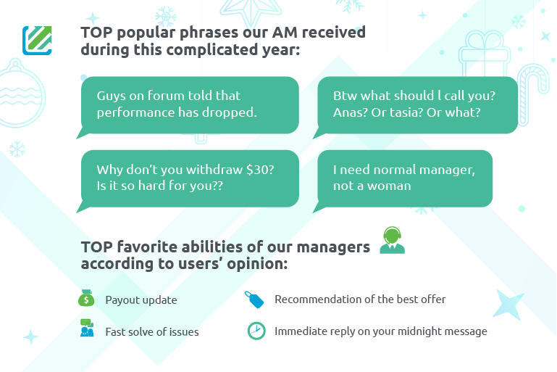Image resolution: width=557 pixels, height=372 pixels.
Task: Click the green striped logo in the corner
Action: [37, 41]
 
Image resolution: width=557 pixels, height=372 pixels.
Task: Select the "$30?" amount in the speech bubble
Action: [260, 170]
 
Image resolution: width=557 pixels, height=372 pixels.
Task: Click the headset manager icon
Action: [392, 240]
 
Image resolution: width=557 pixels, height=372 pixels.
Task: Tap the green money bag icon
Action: [86, 298]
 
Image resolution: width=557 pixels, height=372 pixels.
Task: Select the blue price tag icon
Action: [254, 299]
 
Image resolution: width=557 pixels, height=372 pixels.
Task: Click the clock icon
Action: [256, 331]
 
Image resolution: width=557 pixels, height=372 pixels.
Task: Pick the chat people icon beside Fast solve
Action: [87, 328]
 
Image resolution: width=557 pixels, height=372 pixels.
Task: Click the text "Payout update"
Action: [141, 300]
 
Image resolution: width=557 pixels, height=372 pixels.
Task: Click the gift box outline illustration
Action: [485, 54]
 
